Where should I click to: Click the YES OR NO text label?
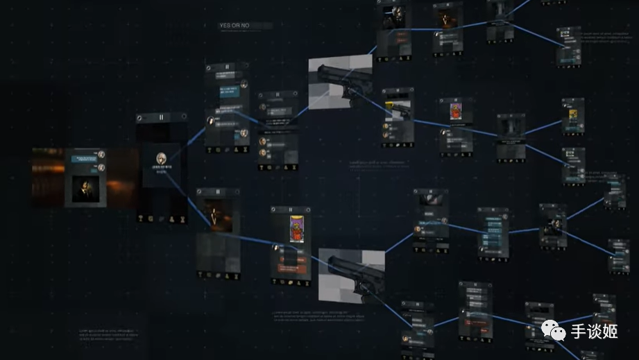(234, 26)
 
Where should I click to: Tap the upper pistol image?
(340, 83)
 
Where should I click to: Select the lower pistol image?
(351, 275)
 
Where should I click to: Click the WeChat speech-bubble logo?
(553, 332)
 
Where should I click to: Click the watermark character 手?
(578, 332)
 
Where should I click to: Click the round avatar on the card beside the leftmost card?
(161, 157)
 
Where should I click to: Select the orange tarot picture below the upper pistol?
(454, 111)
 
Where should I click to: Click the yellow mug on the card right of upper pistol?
(393, 105)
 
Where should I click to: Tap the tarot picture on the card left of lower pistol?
(297, 227)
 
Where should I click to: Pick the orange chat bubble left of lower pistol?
(289, 266)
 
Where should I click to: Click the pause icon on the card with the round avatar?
(161, 118)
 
